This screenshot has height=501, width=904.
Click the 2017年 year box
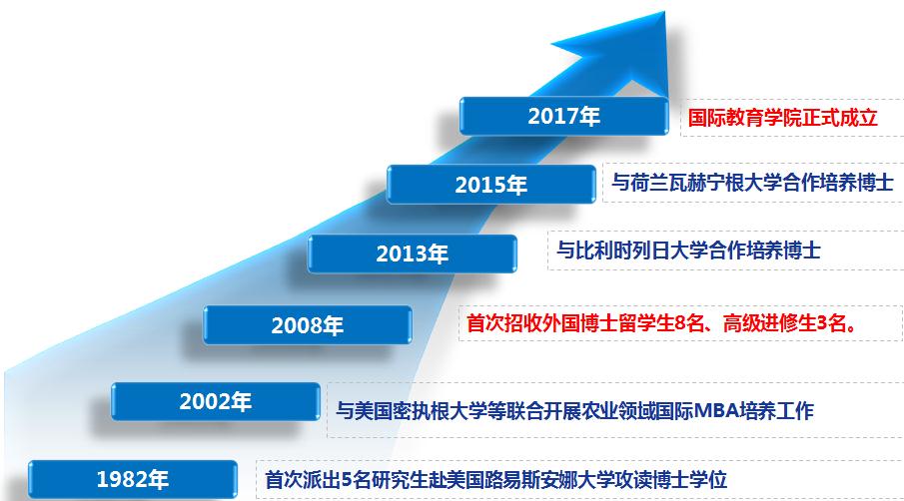(563, 116)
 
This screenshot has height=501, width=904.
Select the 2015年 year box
(490, 185)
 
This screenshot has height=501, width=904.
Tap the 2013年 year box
(412, 253)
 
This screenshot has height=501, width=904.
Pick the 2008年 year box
(308, 324)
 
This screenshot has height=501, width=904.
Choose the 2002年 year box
(215, 401)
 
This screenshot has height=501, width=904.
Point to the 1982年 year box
(132, 479)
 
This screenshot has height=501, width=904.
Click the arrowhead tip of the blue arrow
(664, 12)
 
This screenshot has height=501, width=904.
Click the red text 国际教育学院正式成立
(782, 118)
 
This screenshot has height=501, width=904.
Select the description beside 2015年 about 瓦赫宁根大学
(752, 183)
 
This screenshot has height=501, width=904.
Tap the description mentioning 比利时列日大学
(688, 250)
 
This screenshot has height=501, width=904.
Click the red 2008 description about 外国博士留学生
(661, 323)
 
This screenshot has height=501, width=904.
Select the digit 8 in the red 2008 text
(679, 323)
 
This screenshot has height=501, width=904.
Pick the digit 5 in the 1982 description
(347, 479)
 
